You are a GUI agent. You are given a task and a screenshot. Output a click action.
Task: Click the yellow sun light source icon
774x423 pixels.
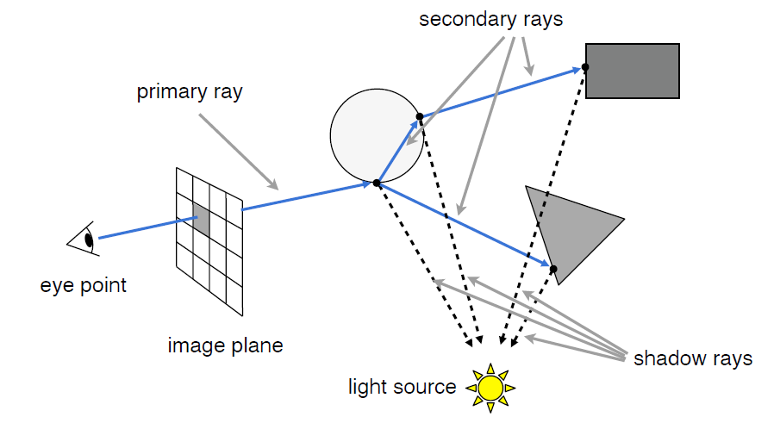490,387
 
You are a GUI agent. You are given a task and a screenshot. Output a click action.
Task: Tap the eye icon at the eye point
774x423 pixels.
84,238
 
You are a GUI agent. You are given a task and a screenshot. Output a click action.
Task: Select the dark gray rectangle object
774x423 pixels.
633,71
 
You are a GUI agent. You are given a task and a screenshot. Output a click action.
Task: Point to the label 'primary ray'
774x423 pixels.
190,92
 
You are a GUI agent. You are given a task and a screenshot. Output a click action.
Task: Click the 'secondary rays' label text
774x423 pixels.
490,19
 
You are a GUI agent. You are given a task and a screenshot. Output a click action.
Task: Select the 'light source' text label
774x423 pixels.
402,387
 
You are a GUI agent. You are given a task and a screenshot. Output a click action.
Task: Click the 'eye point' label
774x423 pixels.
84,285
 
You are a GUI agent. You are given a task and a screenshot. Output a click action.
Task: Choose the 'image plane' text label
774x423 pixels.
225,346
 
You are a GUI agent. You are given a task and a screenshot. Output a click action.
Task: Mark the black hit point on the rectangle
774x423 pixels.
585,67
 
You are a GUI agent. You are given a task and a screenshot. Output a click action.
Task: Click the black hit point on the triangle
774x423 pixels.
553,270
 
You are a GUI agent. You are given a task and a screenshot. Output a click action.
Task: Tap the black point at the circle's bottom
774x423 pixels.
377,183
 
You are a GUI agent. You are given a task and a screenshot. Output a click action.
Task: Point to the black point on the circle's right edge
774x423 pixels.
420,116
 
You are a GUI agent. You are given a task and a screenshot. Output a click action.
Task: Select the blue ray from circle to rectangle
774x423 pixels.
500,92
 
